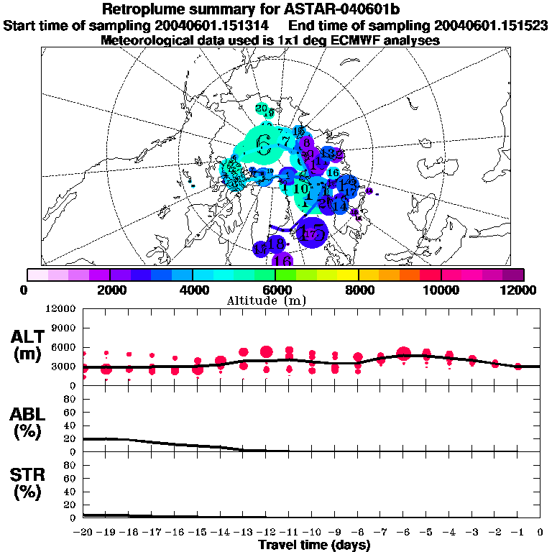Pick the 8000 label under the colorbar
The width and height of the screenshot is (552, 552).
[x=358, y=290]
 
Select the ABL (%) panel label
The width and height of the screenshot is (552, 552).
[x=29, y=423]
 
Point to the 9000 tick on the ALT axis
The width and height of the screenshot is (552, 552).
[x=65, y=327]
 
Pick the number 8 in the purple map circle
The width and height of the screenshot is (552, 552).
[x=308, y=143]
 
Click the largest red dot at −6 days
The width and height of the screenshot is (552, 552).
[x=403, y=353]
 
